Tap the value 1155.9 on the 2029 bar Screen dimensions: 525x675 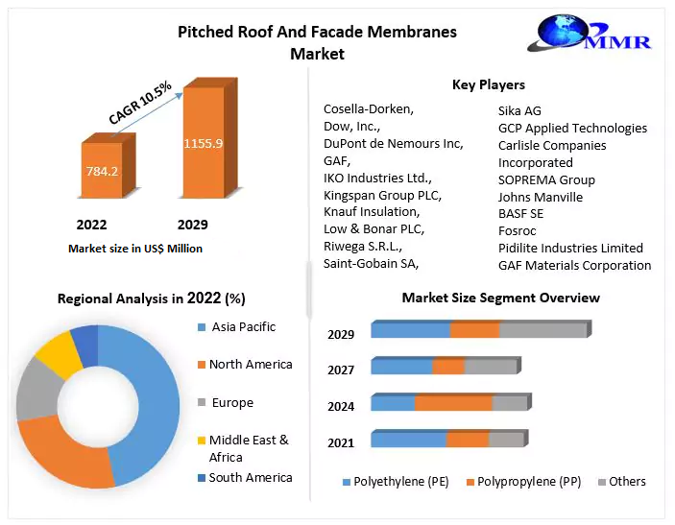[204, 143]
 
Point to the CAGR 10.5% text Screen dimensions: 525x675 [140, 102]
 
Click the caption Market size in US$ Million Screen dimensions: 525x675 [135, 249]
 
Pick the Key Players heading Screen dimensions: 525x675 [488, 84]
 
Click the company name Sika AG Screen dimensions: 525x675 [519, 110]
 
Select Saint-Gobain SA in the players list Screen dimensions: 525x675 [371, 263]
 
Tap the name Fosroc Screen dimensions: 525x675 [518, 230]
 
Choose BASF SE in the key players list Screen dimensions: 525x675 [520, 214]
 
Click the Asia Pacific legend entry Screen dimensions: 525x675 [243, 327]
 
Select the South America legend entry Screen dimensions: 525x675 [251, 477]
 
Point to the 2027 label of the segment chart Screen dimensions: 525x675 [341, 370]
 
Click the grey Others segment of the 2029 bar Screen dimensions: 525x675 [542, 330]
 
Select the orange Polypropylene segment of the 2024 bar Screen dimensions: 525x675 [453, 403]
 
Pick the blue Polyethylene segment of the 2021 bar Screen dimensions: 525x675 [408, 440]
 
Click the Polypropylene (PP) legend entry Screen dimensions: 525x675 [523, 481]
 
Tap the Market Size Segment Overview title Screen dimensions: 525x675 [500, 298]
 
